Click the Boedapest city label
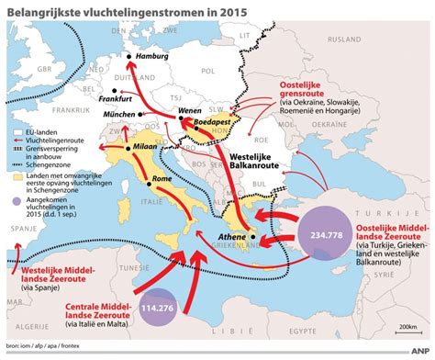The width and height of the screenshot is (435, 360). [214, 120]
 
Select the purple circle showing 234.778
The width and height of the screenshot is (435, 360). [329, 233]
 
